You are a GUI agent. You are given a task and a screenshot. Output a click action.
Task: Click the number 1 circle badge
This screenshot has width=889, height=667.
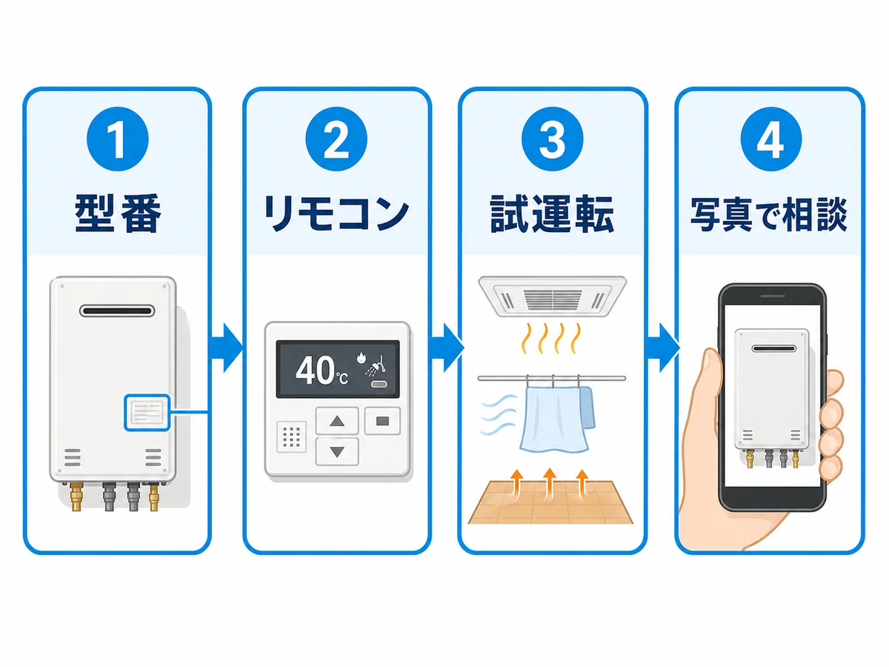[x=118, y=139]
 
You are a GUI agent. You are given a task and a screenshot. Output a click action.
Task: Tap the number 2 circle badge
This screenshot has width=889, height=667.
[x=336, y=139]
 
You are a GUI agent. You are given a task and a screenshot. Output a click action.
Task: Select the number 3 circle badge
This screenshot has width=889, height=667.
[x=553, y=139]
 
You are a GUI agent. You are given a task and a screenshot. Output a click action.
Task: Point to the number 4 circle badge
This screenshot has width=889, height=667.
[x=771, y=139]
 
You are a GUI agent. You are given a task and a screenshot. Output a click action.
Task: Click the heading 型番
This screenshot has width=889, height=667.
[x=118, y=214]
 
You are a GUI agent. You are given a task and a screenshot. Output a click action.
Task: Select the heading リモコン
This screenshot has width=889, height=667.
[x=336, y=214]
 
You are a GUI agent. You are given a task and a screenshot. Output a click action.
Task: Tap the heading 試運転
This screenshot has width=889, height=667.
[x=553, y=214]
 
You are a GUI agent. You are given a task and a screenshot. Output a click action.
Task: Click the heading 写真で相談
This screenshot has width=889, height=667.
[x=769, y=215]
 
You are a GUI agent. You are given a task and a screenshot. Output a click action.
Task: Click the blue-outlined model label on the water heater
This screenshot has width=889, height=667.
[x=147, y=412]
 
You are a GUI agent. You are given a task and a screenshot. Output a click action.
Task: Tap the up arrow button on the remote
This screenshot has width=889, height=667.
[x=337, y=421]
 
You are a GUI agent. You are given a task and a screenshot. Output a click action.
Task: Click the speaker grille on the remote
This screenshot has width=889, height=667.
[x=292, y=437]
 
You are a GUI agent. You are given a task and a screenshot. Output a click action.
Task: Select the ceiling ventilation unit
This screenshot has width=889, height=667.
[x=553, y=296]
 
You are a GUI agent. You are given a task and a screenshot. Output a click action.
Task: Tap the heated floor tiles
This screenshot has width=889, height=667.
[x=550, y=502]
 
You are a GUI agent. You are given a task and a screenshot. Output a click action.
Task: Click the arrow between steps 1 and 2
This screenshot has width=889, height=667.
[x=226, y=348]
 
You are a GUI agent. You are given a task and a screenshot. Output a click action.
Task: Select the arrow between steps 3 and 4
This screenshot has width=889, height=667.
[x=662, y=348]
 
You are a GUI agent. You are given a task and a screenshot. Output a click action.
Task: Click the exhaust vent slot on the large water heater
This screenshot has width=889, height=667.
[x=117, y=311]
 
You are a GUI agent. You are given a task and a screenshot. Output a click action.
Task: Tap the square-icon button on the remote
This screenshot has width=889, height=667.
[x=383, y=421]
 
